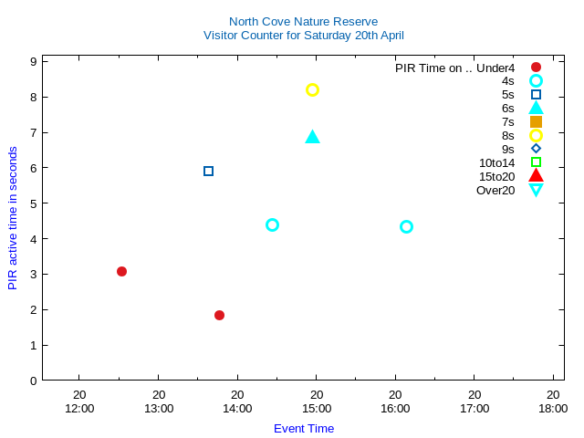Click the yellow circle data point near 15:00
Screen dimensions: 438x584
pyautogui.click(x=312, y=89)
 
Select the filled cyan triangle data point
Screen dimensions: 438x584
pyautogui.click(x=312, y=137)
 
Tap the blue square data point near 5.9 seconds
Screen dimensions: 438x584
pyautogui.click(x=208, y=171)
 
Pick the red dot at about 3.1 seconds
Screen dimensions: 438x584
pyautogui.click(x=121, y=271)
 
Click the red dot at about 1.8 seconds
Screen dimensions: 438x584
pyautogui.click(x=219, y=315)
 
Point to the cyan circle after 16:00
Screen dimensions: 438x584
pyautogui.click(x=406, y=226)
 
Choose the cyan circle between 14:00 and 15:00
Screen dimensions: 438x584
pyautogui.click(x=272, y=224)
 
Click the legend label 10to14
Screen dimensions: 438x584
pyautogui.click(x=496, y=162)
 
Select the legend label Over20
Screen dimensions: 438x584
pyautogui.click(x=495, y=190)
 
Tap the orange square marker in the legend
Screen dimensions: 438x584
pyautogui.click(x=536, y=121)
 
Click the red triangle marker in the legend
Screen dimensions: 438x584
pyautogui.click(x=536, y=175)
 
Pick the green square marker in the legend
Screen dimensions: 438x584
pyautogui.click(x=536, y=162)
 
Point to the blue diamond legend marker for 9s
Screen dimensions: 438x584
pyautogui.click(x=536, y=149)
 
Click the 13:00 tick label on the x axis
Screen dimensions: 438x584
pyautogui.click(x=159, y=408)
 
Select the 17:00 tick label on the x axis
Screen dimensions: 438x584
pyautogui.click(x=474, y=408)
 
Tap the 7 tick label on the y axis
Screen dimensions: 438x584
pyautogui.click(x=33, y=132)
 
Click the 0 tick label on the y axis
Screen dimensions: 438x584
pyautogui.click(x=33, y=381)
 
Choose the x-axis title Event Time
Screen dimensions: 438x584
pyautogui.click(x=304, y=428)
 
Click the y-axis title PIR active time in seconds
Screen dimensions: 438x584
pyautogui.click(x=13, y=218)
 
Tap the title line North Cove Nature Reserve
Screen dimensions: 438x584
pyautogui.click(x=303, y=21)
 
